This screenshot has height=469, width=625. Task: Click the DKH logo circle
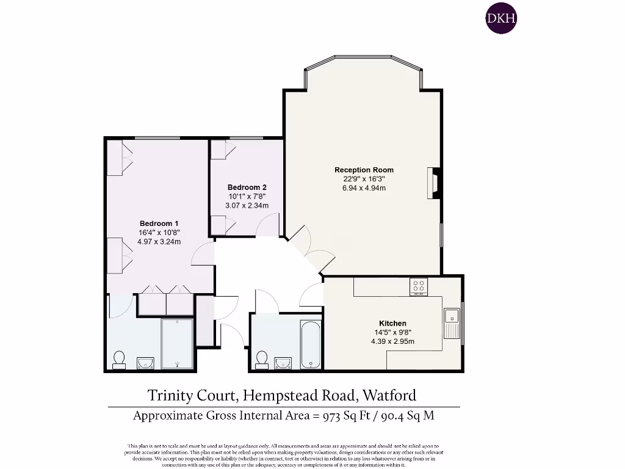pyautogui.click(x=500, y=19)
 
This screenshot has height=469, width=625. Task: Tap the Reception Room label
pyautogui.click(x=364, y=170)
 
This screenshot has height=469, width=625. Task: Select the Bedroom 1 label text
pyautogui.click(x=159, y=224)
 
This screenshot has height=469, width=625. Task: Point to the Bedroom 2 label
pyautogui.click(x=247, y=187)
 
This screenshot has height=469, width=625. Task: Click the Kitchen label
pyautogui.click(x=392, y=323)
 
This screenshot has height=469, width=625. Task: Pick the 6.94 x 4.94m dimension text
pyautogui.click(x=364, y=188)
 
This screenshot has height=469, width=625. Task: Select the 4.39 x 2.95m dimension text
pyautogui.click(x=392, y=341)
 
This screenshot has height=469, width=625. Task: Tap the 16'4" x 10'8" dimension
pyautogui.click(x=159, y=233)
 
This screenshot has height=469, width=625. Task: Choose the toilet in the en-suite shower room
pyautogui.click(x=119, y=358)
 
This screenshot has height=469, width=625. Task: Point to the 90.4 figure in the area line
pyautogui.click(x=394, y=416)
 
